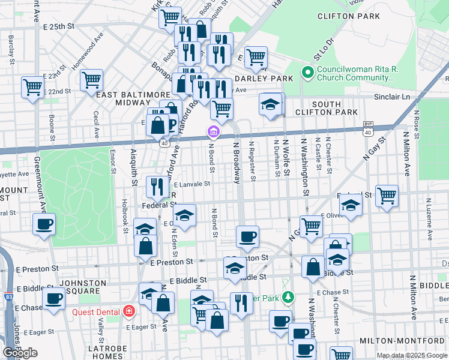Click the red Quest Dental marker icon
click(128, 311)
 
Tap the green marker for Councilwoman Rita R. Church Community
click(309, 73)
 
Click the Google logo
click(20, 353)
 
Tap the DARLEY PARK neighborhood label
click(264, 79)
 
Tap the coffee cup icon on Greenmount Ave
click(44, 225)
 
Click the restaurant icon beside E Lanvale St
click(155, 187)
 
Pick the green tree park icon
click(288, 297)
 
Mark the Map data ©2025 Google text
click(412, 355)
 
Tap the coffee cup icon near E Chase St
click(54, 298)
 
